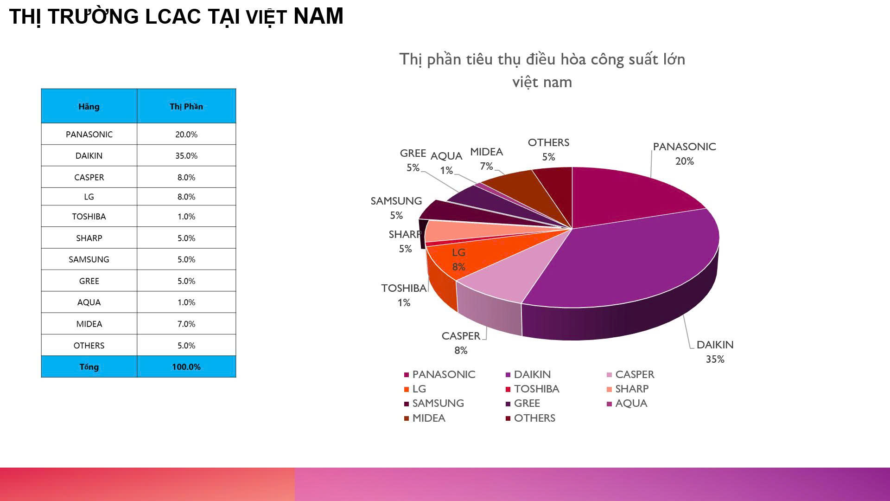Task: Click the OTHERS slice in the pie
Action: point(556,190)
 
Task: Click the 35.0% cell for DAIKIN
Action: point(186,156)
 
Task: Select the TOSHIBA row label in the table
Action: point(89,217)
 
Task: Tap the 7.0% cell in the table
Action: point(186,324)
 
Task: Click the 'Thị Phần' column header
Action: point(186,106)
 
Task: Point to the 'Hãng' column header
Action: point(89,106)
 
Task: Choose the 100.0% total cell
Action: point(186,367)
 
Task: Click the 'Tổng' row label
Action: point(89,367)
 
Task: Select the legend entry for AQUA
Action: point(628,403)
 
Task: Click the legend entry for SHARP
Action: point(628,389)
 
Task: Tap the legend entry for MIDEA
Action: point(425,418)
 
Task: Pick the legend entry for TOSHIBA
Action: point(533,389)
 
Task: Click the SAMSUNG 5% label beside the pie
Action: point(396,208)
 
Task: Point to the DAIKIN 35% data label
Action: point(715,352)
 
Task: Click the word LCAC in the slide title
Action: point(173,17)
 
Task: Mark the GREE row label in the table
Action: point(89,281)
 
